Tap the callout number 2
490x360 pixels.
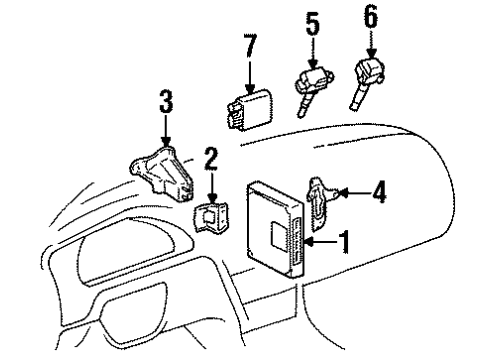pyautogui.click(x=212, y=156)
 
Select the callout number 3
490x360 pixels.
pyautogui.click(x=165, y=102)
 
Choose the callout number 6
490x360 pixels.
pyautogui.click(x=370, y=17)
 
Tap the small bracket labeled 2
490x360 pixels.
pyautogui.click(x=211, y=216)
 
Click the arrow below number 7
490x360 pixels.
pyautogui.click(x=250, y=76)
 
